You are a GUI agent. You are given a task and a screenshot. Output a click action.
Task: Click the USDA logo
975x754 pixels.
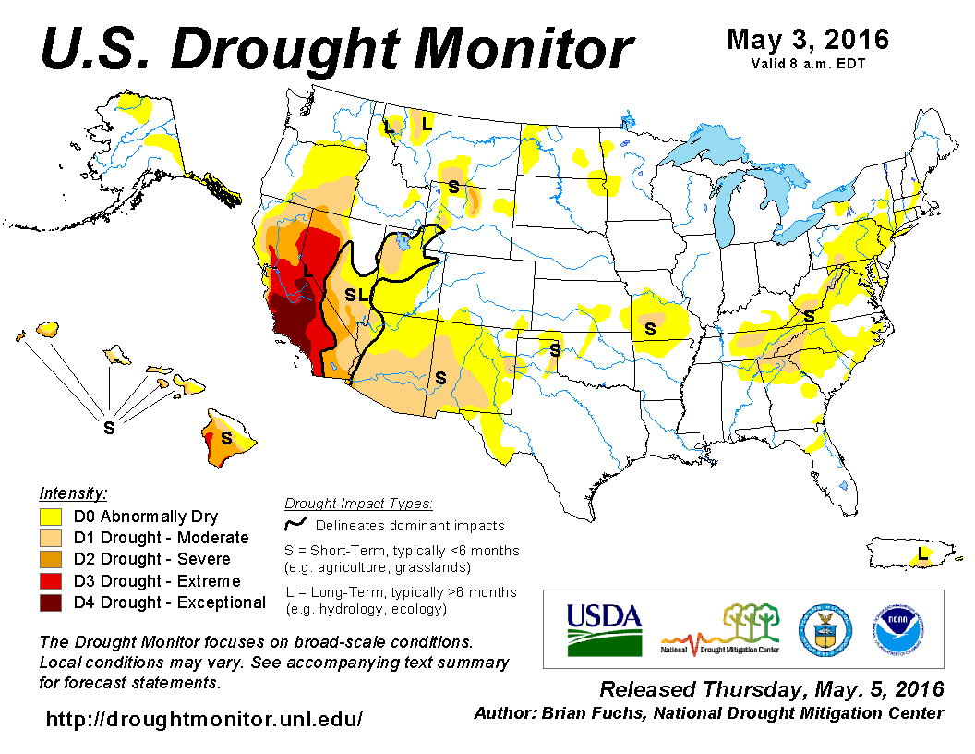(x=605, y=629)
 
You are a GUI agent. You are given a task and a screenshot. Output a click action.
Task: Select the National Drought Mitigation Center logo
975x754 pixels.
(x=721, y=629)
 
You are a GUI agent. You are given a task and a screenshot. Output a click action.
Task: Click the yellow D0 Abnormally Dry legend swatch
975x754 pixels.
(x=51, y=517)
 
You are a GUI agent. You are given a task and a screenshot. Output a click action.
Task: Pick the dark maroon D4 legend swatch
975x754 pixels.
(x=51, y=602)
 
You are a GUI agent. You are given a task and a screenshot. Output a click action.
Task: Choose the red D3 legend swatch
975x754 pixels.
(x=51, y=581)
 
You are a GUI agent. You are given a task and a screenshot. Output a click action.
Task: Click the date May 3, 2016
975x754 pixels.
(x=808, y=40)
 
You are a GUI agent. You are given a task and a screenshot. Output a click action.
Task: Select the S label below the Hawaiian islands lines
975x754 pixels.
(x=109, y=428)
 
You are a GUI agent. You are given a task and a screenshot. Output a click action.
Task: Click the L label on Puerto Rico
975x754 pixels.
(x=921, y=554)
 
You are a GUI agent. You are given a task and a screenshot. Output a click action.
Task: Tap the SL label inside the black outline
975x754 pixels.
(x=356, y=296)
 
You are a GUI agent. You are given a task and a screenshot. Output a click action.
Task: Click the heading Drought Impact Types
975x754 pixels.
(x=358, y=504)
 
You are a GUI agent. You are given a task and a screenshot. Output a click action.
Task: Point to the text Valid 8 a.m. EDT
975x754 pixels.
(x=808, y=63)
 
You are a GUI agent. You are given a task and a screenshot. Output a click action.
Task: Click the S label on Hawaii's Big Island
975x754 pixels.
(x=225, y=437)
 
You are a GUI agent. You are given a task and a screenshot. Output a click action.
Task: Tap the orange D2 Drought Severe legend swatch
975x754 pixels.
(x=51, y=559)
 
